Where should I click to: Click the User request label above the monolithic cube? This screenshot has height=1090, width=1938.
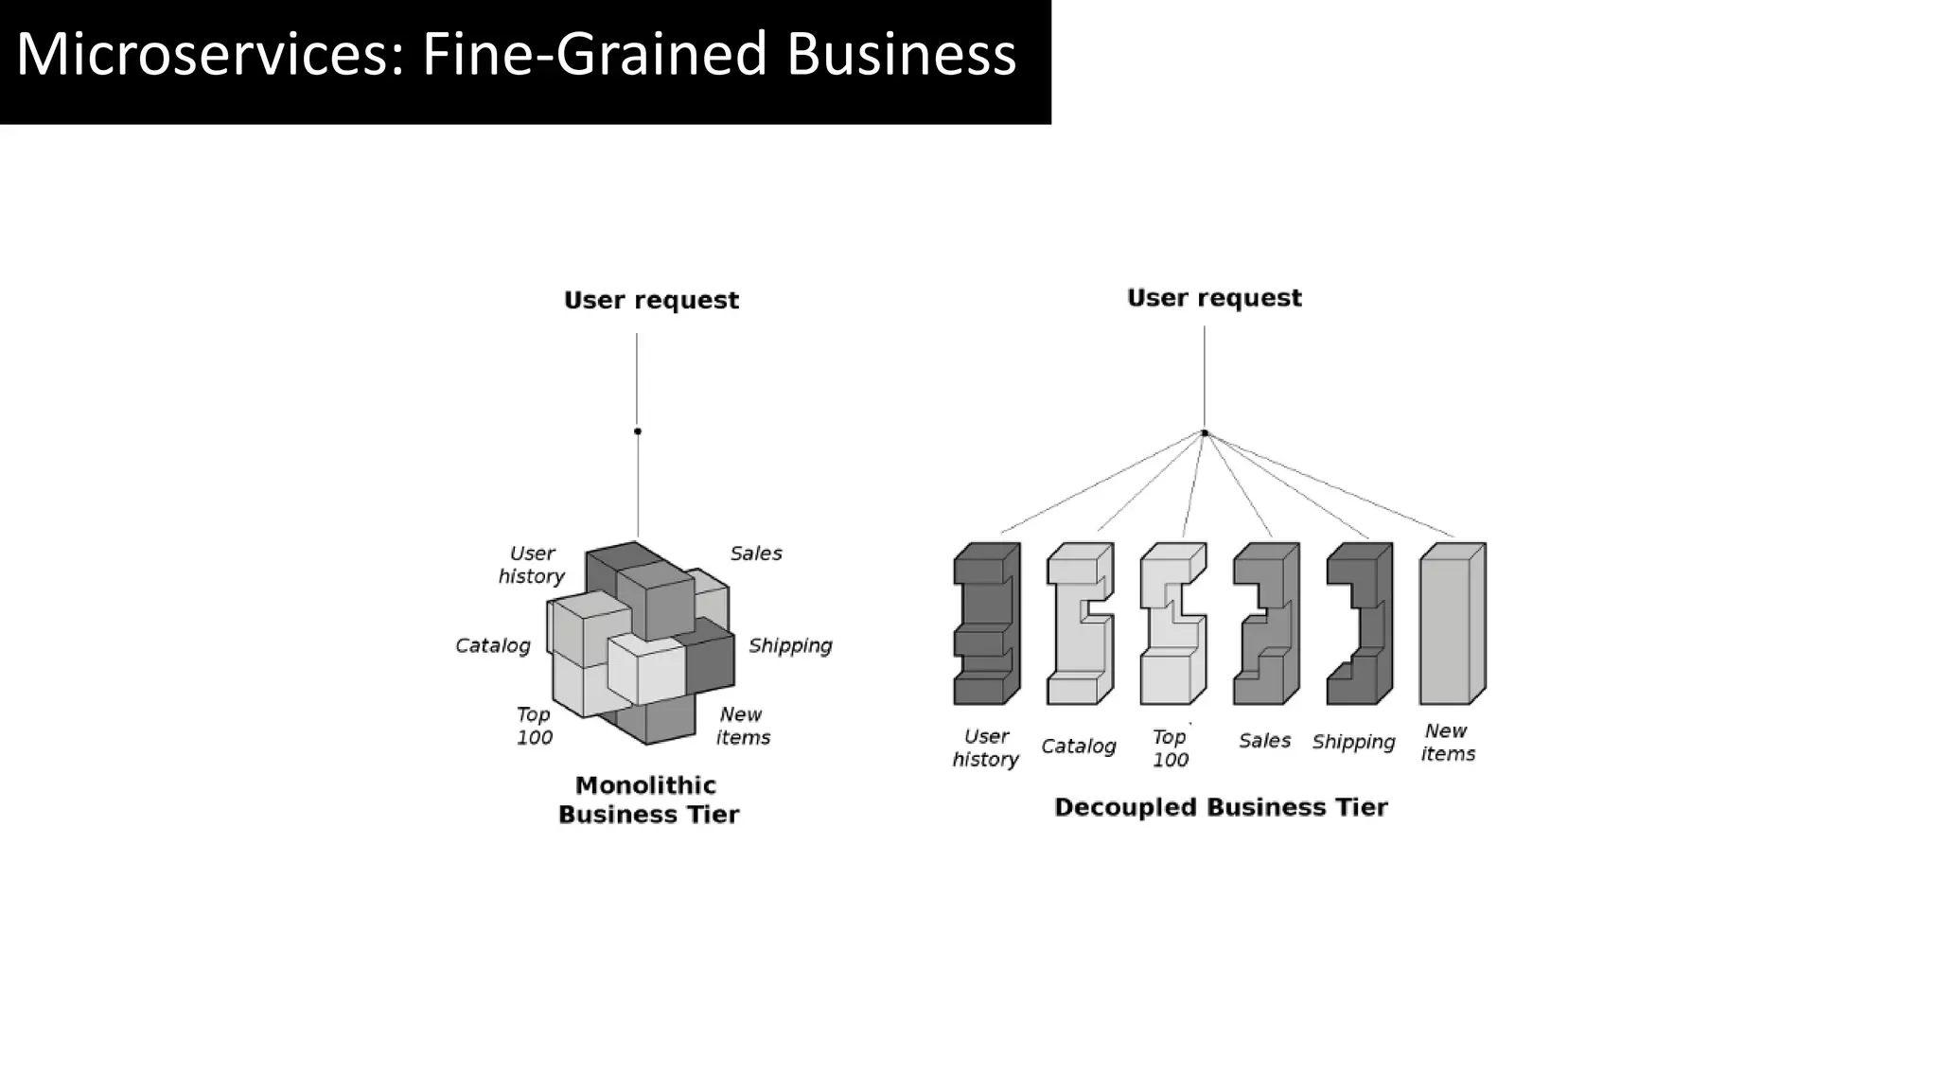pos(651,300)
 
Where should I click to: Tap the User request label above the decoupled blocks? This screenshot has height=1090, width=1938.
pos(1214,298)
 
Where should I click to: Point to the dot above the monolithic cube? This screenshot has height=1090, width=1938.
pos(638,431)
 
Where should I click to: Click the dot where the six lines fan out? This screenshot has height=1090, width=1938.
pos(1205,433)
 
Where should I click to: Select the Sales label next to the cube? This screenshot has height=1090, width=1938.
pos(756,554)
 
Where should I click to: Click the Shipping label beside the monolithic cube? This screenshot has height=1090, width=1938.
pos(790,645)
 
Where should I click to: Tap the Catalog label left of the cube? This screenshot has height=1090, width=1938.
pos(493,645)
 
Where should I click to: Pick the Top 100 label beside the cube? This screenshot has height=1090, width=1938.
pos(535,726)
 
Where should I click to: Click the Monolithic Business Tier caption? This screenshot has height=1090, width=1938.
pos(648,800)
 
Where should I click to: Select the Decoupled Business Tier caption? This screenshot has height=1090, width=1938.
pos(1221,807)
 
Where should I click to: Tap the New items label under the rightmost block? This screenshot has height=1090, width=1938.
pos(1448,743)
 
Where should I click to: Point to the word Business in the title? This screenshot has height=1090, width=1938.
pos(901,54)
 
